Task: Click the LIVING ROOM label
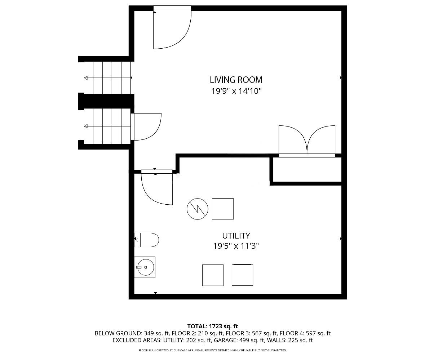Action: pyautogui.click(x=236, y=80)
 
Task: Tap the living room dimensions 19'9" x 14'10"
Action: pyautogui.click(x=236, y=91)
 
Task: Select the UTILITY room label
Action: pyautogui.click(x=236, y=235)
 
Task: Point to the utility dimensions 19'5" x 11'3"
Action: pyautogui.click(x=236, y=246)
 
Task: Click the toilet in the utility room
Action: pyautogui.click(x=147, y=240)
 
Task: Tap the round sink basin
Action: pyautogui.click(x=146, y=267)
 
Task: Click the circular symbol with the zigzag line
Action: pyautogui.click(x=198, y=209)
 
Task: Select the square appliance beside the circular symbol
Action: pyautogui.click(x=222, y=209)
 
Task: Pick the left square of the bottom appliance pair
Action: pyautogui.click(x=213, y=275)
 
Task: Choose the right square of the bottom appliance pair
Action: pyautogui.click(x=242, y=275)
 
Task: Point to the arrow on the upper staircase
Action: pyautogui.click(x=108, y=78)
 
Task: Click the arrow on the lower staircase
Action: pyautogui.click(x=107, y=126)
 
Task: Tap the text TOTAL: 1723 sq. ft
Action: pyautogui.click(x=213, y=326)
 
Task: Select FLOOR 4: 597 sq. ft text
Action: pyautogui.click(x=305, y=333)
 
